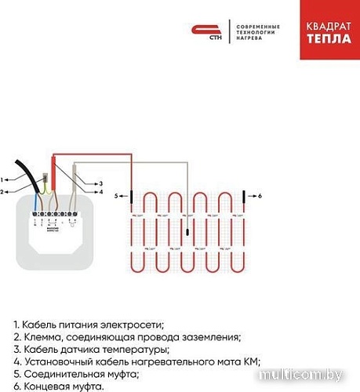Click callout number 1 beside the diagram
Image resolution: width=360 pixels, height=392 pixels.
4,180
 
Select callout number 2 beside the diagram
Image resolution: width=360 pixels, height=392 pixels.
4,191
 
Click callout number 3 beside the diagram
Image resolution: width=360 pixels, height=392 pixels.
100,183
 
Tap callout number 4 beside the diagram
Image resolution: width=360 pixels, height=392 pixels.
100,192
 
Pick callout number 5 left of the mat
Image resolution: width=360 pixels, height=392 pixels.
118,194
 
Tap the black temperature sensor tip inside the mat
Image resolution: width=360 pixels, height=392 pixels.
187,230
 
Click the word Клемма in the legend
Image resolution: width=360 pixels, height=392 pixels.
42,337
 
